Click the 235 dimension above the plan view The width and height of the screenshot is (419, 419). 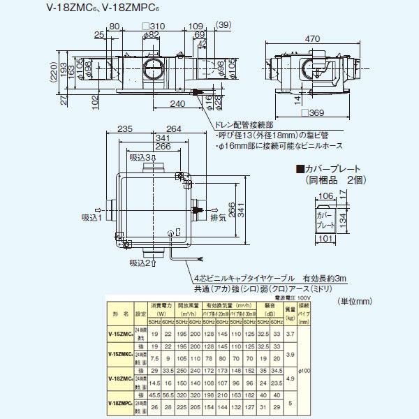(x=125, y=128)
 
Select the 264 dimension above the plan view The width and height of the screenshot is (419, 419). (x=175, y=128)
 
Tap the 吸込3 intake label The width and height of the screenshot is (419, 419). (x=140, y=157)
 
